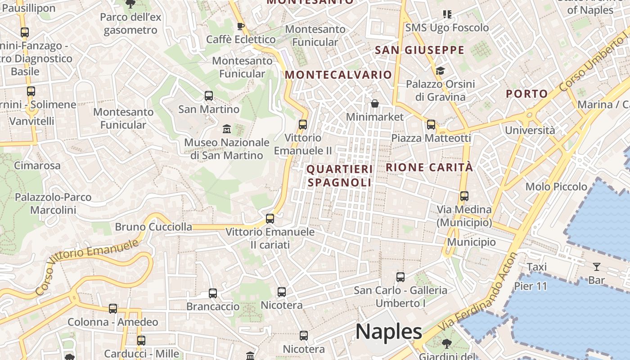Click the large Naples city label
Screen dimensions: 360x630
389,332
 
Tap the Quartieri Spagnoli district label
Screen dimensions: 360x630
340,176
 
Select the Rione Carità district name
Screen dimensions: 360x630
429,167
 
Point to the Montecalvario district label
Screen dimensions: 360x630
338,75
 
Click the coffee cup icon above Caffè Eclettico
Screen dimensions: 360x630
241,26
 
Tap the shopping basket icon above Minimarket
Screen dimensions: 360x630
375,104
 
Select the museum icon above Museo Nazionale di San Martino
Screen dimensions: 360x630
226,129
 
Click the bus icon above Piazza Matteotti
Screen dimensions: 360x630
431,125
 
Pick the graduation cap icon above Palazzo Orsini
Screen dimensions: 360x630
440,71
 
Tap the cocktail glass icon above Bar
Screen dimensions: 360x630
597,267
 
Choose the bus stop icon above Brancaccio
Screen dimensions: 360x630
213,293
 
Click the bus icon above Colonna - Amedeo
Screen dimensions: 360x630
113,309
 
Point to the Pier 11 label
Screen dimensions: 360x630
531,286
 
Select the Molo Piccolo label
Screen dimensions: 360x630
556,186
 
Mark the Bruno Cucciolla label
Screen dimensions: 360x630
153,227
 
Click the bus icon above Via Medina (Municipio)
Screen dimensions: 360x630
464,196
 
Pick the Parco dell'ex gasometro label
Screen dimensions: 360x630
130,23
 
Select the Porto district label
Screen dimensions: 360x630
526,94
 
